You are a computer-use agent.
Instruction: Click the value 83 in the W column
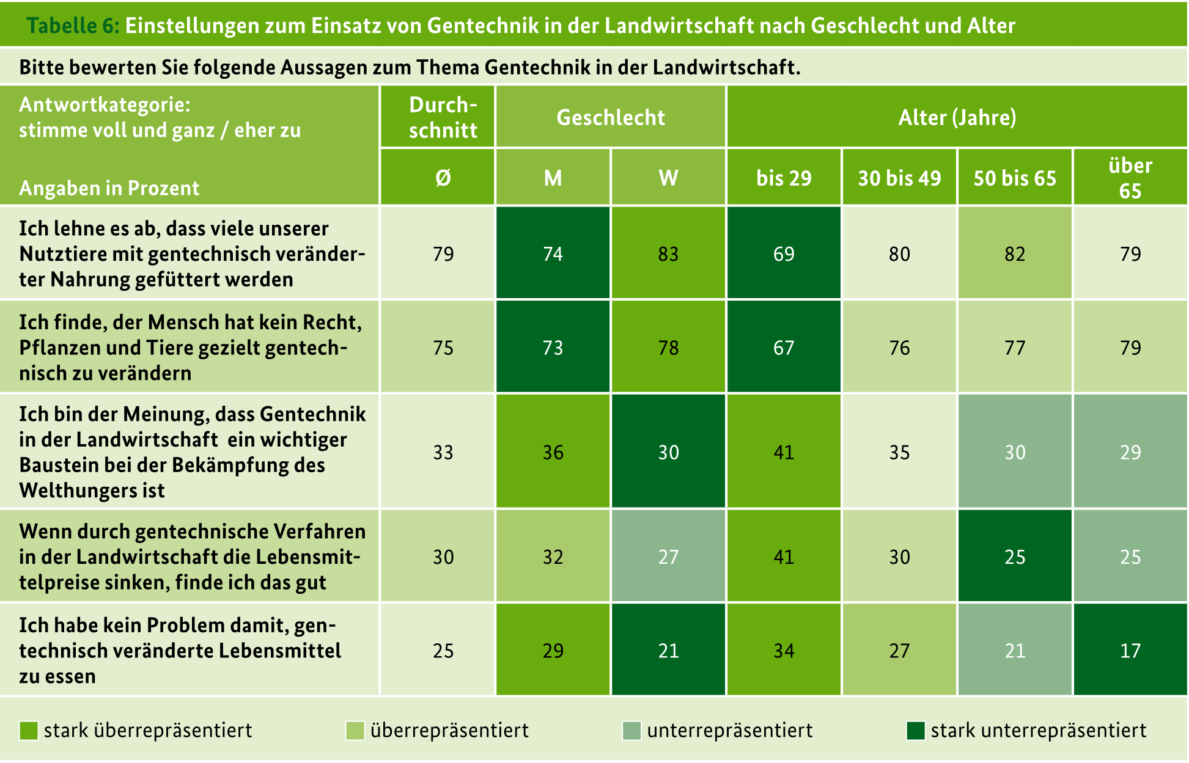tap(668, 254)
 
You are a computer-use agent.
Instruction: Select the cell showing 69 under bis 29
tap(784, 254)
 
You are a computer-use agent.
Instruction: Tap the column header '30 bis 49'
tap(899, 178)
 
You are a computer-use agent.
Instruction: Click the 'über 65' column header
tap(1130, 178)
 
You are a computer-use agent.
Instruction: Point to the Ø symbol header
tap(443, 178)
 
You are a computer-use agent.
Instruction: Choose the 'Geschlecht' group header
tap(611, 117)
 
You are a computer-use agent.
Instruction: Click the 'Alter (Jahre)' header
tap(957, 117)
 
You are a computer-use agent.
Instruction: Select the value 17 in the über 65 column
tap(1130, 651)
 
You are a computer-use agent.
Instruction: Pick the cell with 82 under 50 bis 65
tap(1015, 254)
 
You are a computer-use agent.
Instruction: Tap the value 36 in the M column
tap(553, 452)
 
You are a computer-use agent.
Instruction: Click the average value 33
tap(443, 452)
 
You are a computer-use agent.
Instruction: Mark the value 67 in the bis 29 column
tap(784, 348)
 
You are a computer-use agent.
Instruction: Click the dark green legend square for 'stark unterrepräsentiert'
tap(915, 731)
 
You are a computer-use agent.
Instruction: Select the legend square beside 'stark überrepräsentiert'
tap(29, 731)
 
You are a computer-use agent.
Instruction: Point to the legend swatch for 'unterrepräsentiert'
tap(631, 731)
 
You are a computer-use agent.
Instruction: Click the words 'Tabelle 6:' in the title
tap(73, 26)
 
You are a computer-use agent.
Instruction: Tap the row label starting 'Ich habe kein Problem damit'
tap(177, 626)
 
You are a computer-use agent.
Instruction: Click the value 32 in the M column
tap(553, 557)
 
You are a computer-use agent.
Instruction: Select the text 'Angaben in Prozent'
tap(109, 188)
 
